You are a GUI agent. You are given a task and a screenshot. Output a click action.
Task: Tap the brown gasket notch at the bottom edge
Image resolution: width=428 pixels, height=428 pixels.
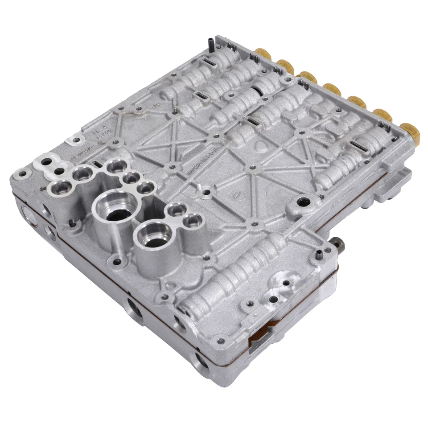259,341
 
